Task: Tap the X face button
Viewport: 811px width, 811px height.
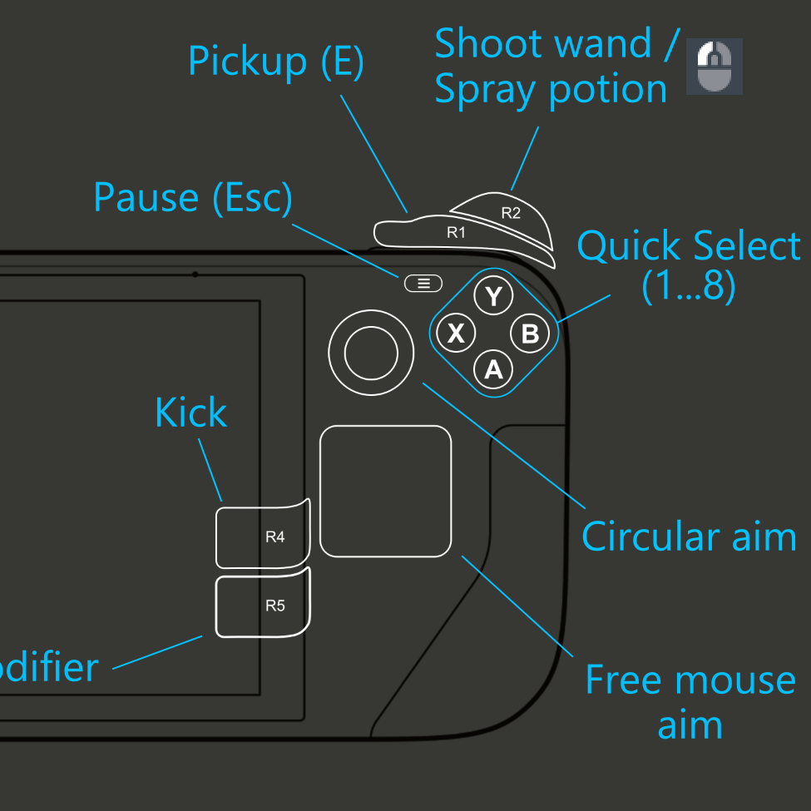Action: (456, 334)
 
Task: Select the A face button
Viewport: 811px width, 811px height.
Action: (494, 369)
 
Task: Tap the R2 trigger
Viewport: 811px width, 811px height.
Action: (510, 213)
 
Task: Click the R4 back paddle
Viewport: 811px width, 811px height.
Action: (263, 537)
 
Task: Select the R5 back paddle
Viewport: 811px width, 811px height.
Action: (263, 606)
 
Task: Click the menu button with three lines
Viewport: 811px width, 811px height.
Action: (423, 284)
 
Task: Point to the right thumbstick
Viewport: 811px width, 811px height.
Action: (371, 353)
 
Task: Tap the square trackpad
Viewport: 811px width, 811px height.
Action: (386, 491)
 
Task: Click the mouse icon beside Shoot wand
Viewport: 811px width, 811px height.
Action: (715, 67)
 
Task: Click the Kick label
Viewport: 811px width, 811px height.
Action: (190, 413)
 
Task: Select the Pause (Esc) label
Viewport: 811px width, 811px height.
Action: (193, 198)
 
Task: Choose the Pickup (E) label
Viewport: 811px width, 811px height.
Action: (276, 62)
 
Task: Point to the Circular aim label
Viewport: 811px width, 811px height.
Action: (689, 537)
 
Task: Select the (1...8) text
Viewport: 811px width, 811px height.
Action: (689, 287)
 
